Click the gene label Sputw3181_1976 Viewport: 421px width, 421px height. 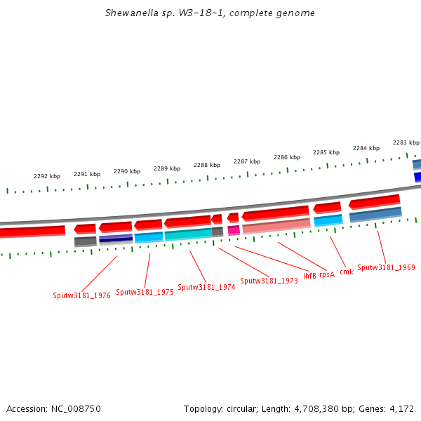pos(81,295)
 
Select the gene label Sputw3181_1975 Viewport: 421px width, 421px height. pos(145,292)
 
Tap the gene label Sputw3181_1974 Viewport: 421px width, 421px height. pos(206,287)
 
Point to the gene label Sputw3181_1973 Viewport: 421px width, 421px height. pos(269,281)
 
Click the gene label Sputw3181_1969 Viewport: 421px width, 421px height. pos(386,267)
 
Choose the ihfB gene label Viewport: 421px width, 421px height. pos(309,274)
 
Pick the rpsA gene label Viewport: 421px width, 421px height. pos(327,274)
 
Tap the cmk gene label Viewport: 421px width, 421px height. pos(347,272)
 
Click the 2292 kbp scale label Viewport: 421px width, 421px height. pos(47,176)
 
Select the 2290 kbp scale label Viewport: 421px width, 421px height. pos(127,171)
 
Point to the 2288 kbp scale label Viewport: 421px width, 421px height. pos(207,165)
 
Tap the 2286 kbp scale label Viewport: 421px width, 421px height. pos(287,157)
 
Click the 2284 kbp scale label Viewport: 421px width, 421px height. pos(366,148)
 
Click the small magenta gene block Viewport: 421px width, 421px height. pos(234,230)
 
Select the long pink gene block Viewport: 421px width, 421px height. pos(276,226)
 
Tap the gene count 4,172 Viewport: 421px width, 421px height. pos(401,408)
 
